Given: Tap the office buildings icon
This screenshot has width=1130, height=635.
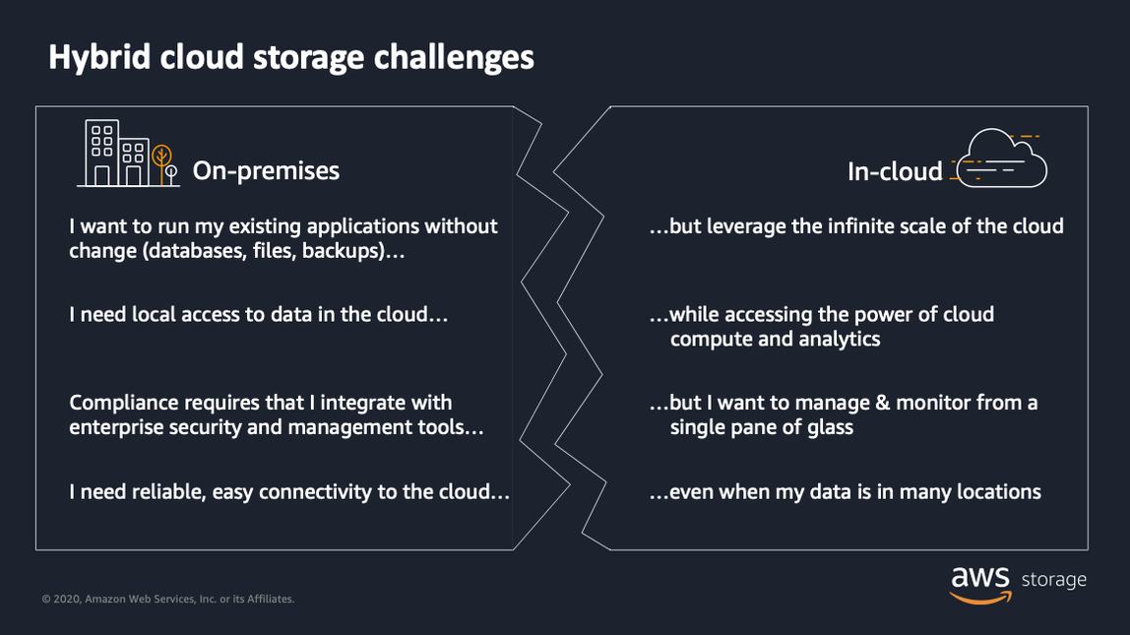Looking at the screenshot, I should (113, 154).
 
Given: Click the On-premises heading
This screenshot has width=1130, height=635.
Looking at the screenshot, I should (266, 170).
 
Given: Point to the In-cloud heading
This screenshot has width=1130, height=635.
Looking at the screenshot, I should (895, 171).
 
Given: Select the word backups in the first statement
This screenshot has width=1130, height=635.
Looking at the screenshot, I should (340, 251).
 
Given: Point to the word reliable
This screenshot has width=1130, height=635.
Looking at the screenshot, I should (168, 491).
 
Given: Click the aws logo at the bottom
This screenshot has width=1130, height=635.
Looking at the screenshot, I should (980, 582).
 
